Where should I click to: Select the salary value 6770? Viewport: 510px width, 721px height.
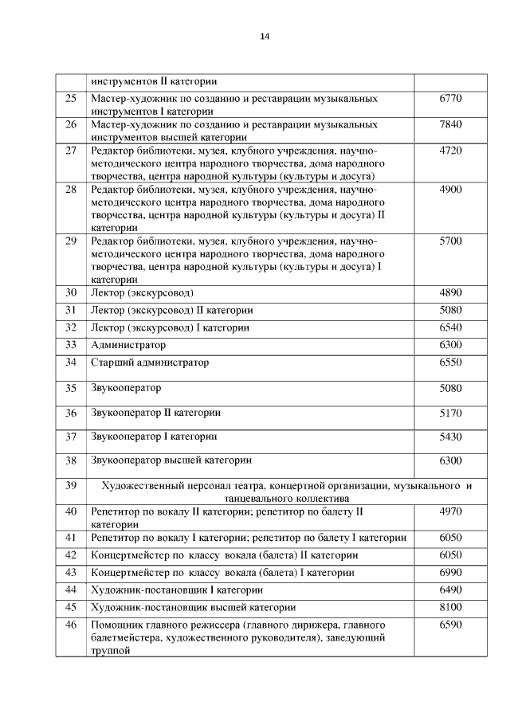coord(450,99)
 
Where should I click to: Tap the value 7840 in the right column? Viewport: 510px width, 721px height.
coord(450,125)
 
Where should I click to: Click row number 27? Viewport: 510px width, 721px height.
coord(70,151)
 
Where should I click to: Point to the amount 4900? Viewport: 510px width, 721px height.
coord(450,190)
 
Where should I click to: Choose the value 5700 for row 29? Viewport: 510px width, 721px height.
coord(450,241)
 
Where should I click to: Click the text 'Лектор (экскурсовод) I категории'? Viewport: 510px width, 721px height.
coord(170,327)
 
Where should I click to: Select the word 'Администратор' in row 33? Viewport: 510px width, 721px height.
coord(128,345)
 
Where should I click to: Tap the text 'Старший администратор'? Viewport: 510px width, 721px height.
coord(150,362)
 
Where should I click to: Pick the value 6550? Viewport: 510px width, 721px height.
coord(450,362)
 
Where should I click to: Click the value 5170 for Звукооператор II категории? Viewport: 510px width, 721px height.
coord(450,413)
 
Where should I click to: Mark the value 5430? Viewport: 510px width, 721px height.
coord(450,437)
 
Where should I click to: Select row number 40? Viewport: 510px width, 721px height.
coord(70,511)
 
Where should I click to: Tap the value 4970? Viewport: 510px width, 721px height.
coord(450,511)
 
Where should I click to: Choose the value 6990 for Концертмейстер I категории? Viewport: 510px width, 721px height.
coord(450,573)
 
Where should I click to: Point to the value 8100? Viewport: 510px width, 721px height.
coord(450,607)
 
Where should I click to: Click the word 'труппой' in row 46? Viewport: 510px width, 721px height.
coord(110,650)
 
